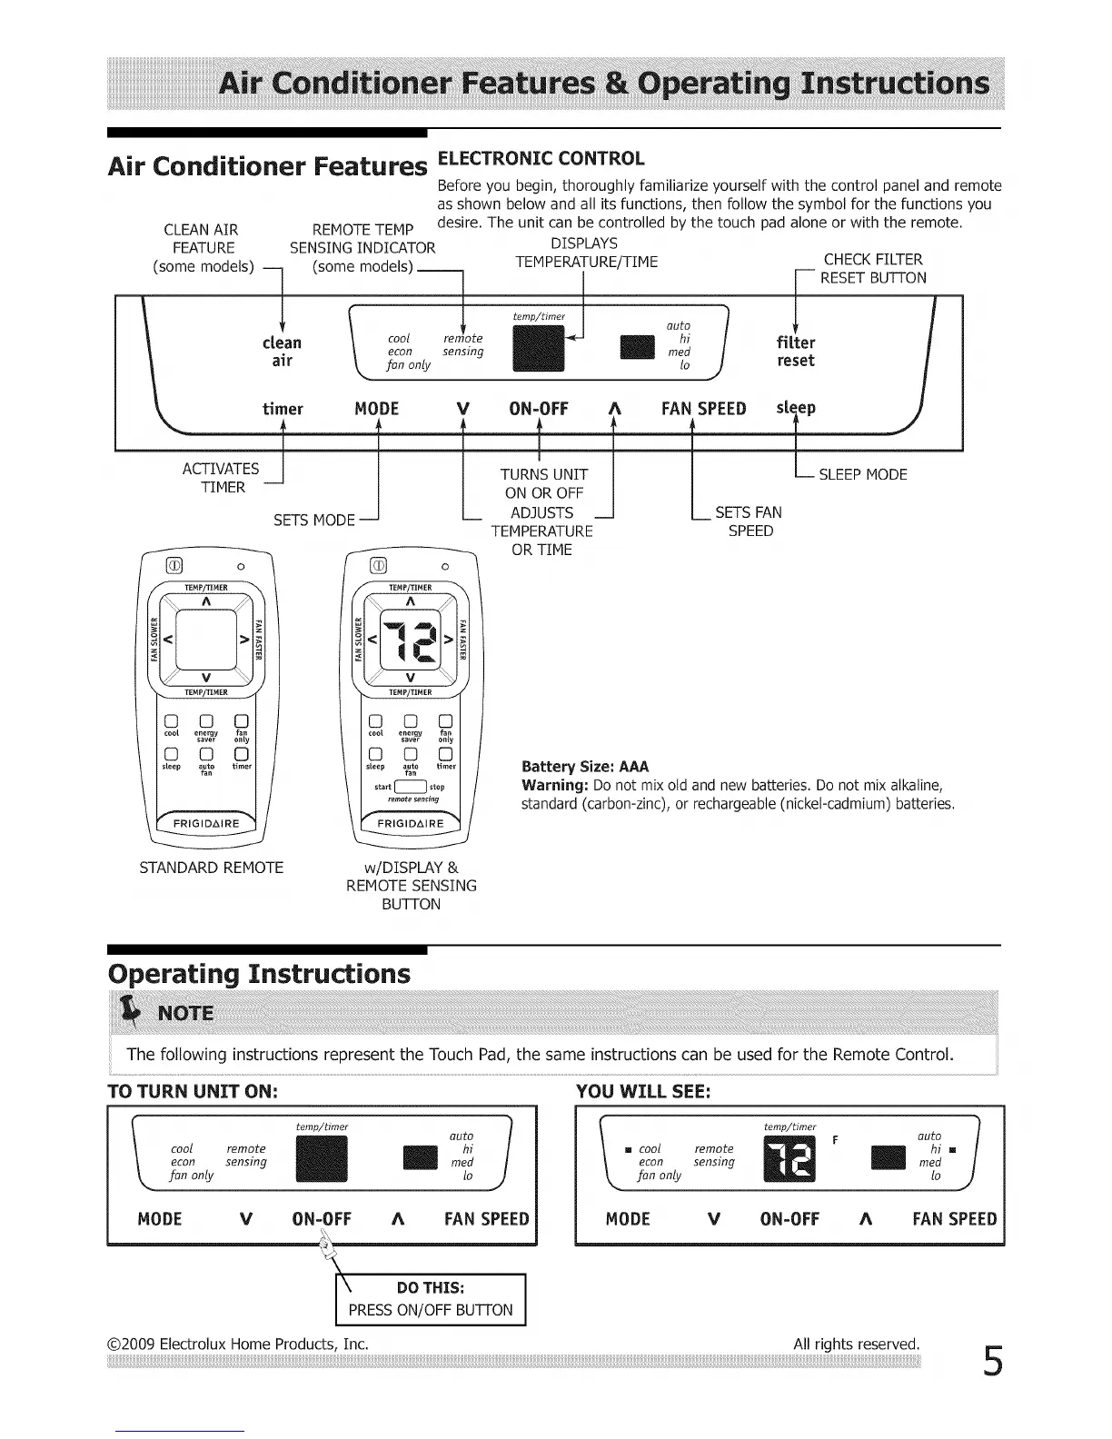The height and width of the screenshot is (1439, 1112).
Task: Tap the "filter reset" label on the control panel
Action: [796, 352]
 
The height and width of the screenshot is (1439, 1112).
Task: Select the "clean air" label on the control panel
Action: [282, 352]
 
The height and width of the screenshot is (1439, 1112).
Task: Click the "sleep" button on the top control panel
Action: [796, 408]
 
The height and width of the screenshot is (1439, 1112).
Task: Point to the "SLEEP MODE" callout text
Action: [862, 474]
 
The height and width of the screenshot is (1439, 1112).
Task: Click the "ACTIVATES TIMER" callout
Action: [221, 478]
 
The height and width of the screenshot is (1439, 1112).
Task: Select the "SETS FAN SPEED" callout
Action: [749, 521]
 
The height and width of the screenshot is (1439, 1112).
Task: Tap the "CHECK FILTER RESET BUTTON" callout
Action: [872, 269]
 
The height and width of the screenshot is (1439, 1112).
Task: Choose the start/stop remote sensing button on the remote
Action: [410, 787]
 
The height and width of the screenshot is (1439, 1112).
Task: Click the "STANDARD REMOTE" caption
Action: [211, 868]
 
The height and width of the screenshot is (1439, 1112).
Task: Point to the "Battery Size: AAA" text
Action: [585, 766]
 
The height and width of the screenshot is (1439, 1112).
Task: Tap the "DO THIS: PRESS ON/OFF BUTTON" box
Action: [431, 1300]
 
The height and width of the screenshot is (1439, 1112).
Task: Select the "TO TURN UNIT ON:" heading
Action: [192, 1091]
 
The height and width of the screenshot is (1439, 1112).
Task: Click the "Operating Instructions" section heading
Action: [259, 974]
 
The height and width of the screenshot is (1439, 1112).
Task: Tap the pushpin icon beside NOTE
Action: [134, 1010]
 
